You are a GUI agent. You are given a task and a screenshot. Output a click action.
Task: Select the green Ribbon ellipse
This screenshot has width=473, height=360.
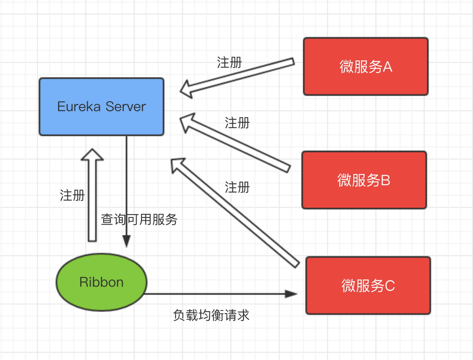102,282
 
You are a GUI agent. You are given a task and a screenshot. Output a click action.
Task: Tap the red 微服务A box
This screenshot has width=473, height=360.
365,66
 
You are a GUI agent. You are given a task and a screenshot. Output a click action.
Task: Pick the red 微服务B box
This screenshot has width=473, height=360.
364,180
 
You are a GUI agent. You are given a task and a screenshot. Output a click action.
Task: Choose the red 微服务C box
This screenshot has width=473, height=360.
368,286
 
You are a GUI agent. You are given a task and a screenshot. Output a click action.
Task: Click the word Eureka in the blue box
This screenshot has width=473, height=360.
79,107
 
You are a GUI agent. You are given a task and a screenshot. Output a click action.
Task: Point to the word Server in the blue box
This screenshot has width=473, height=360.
126,107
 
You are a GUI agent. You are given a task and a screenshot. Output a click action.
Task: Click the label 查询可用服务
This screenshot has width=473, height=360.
139,219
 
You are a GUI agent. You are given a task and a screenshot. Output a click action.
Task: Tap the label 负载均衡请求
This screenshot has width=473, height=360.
211,315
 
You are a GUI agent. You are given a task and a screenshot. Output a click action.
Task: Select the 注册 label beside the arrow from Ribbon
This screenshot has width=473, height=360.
72,195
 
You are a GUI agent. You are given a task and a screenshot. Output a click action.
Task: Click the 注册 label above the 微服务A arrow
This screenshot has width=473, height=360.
229,62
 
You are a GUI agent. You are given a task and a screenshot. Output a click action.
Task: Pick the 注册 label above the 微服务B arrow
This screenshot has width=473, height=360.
237,123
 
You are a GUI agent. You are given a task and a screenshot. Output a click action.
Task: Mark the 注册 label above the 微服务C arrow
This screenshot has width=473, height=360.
237,187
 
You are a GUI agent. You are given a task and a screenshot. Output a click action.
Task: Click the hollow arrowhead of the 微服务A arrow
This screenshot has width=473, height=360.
186,89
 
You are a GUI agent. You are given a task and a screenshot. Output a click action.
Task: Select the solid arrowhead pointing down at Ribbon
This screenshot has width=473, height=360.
127,242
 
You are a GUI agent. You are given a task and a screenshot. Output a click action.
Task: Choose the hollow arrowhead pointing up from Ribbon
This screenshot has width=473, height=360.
92,155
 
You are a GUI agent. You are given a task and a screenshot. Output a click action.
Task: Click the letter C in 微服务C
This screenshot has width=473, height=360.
390,286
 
